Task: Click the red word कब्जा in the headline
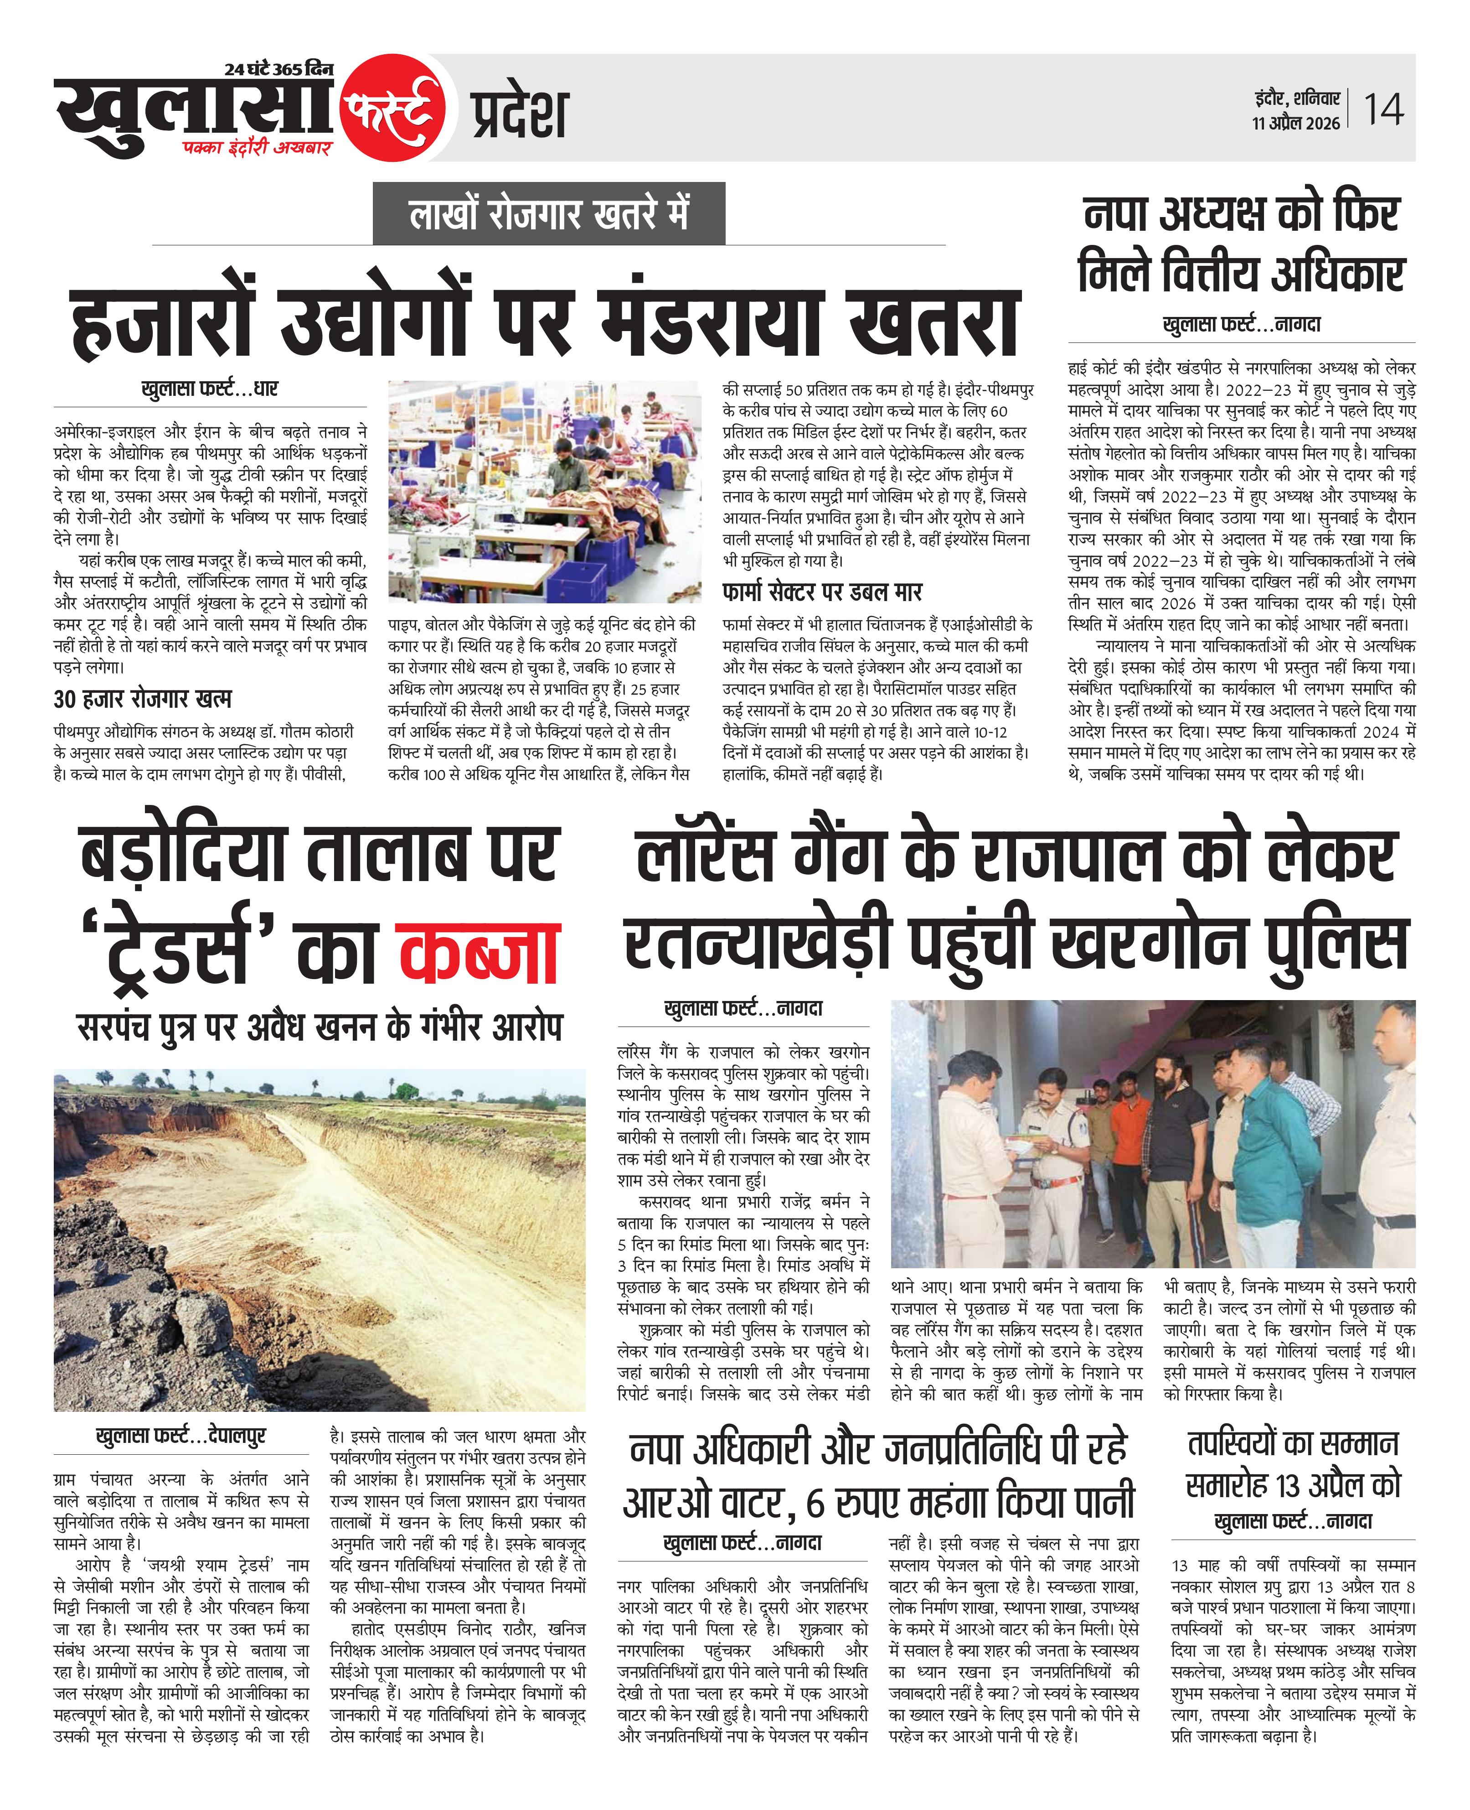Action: tap(479, 954)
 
